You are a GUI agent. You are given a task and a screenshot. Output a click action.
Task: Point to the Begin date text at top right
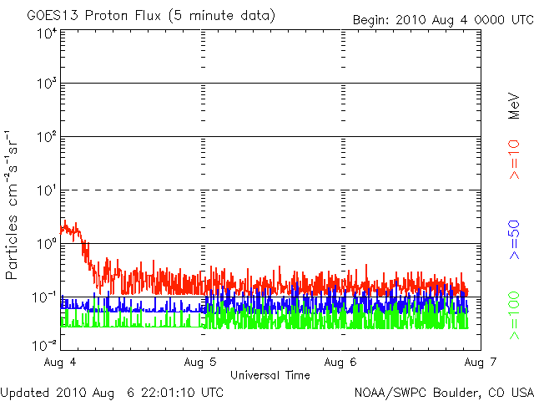click(442, 19)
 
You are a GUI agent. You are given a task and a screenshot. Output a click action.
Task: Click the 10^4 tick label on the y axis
click(46, 33)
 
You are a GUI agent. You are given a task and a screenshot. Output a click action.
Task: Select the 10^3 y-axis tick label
click(46, 84)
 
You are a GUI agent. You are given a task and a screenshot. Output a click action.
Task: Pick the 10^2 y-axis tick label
click(46, 136)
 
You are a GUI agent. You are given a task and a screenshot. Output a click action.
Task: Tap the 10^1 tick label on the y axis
click(46, 190)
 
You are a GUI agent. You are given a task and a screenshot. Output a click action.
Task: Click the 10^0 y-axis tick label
click(46, 244)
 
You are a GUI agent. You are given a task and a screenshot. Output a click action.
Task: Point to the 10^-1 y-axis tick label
click(46, 297)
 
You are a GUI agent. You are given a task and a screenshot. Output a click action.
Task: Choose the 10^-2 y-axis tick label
click(46, 343)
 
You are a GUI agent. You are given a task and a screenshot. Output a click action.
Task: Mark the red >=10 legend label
click(515, 160)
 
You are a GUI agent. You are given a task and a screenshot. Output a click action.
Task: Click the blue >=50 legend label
click(515, 240)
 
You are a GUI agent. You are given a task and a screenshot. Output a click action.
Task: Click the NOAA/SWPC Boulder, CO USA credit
click(443, 392)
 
